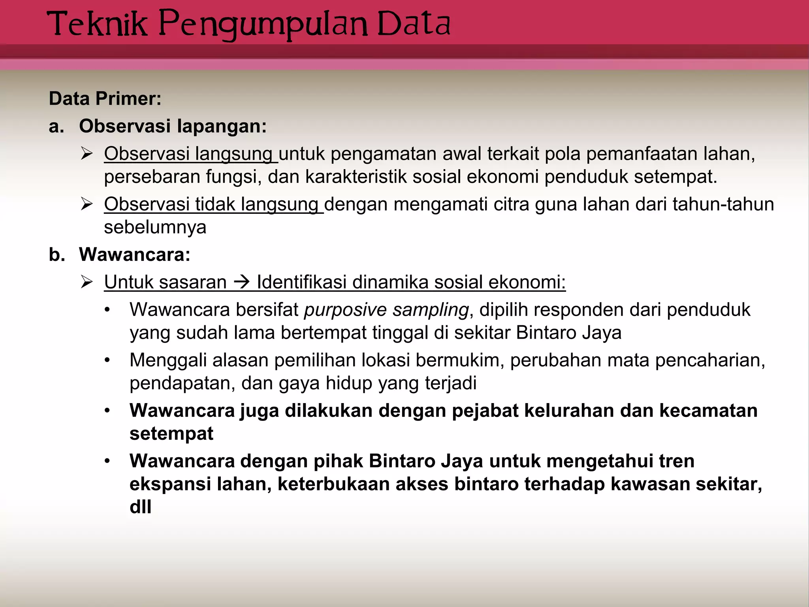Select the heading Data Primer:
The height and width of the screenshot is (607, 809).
105,99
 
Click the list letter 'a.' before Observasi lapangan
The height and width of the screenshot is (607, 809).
56,126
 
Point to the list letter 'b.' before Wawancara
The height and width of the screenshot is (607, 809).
56,254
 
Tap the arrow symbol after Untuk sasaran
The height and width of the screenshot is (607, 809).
242,282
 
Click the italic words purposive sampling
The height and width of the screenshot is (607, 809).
386,310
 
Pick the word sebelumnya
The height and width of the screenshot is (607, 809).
155,227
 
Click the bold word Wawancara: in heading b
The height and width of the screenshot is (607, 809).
135,254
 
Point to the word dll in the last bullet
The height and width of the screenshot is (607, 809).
141,507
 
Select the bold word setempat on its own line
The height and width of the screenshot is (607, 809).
171,434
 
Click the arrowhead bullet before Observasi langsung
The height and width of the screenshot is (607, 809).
86,153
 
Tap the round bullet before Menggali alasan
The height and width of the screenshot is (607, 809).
107,360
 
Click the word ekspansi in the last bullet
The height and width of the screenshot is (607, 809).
170,484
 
